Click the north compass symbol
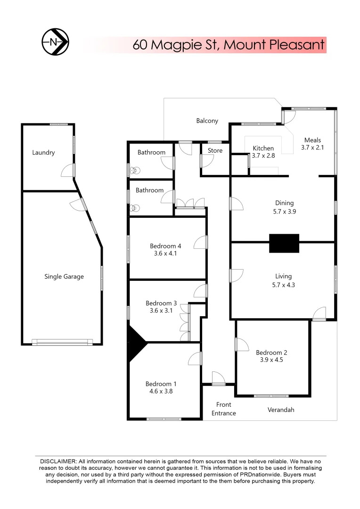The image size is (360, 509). (x=56, y=42)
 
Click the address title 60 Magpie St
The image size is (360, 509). (x=229, y=45)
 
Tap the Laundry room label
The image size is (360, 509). (x=43, y=153)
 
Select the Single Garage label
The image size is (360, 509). (x=64, y=277)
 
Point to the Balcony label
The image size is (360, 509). (x=207, y=121)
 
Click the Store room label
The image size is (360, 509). (x=215, y=151)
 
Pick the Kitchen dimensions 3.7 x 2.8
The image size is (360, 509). (x=263, y=156)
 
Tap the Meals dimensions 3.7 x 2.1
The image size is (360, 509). (x=312, y=148)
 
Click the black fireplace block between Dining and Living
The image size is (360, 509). (x=284, y=243)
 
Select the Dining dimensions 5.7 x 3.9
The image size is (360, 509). (x=284, y=212)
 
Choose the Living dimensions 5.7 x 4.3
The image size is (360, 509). (x=284, y=285)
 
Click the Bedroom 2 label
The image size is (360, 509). (x=271, y=353)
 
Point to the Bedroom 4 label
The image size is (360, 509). (x=165, y=246)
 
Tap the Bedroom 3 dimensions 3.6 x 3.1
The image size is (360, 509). (x=161, y=311)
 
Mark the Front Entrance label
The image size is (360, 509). (x=224, y=409)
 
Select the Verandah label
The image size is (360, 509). (x=280, y=410)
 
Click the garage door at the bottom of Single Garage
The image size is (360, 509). (x=62, y=343)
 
